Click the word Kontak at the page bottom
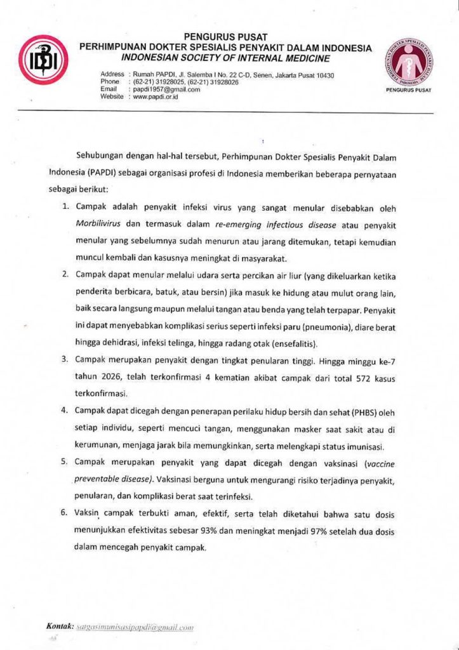click(60, 627)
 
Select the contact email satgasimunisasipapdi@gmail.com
click(134, 627)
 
